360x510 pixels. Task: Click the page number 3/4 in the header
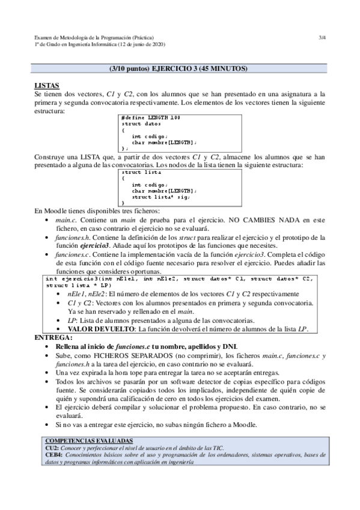point(322,37)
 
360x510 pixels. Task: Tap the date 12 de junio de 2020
point(143,45)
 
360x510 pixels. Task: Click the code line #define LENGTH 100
point(150,117)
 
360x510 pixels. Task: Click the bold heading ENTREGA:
point(53,338)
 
